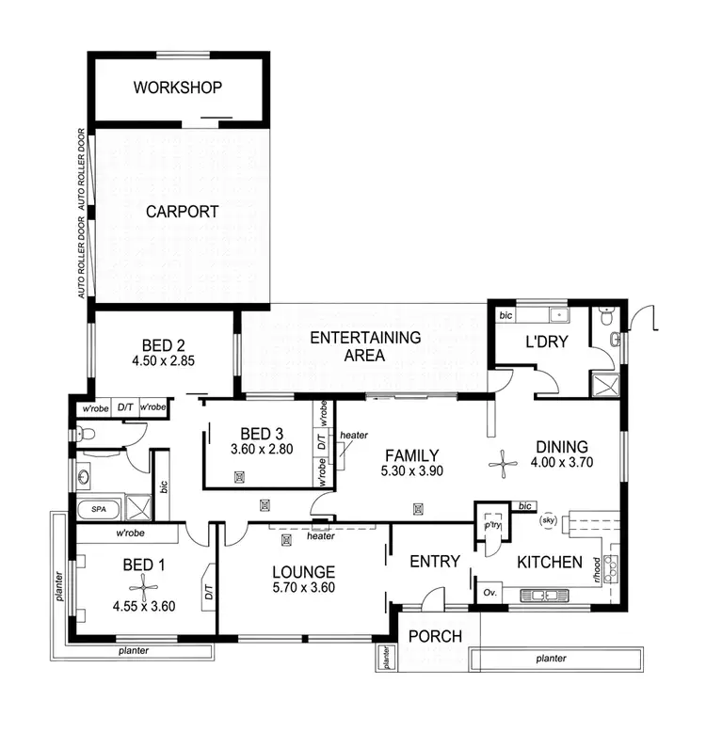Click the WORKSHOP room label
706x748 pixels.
point(178,88)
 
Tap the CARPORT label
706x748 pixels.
point(182,212)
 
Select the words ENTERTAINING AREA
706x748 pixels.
point(365,346)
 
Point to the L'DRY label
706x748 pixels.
point(546,342)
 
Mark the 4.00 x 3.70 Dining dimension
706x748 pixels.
point(561,463)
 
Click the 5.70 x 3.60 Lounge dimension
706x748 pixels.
point(304,588)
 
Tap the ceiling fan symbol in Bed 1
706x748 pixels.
point(141,589)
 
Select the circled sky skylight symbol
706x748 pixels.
point(548,518)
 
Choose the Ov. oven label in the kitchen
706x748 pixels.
point(489,593)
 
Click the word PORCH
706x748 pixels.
point(435,636)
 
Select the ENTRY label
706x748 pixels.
point(435,562)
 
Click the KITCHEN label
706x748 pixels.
point(550,562)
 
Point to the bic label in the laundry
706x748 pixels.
point(505,314)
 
